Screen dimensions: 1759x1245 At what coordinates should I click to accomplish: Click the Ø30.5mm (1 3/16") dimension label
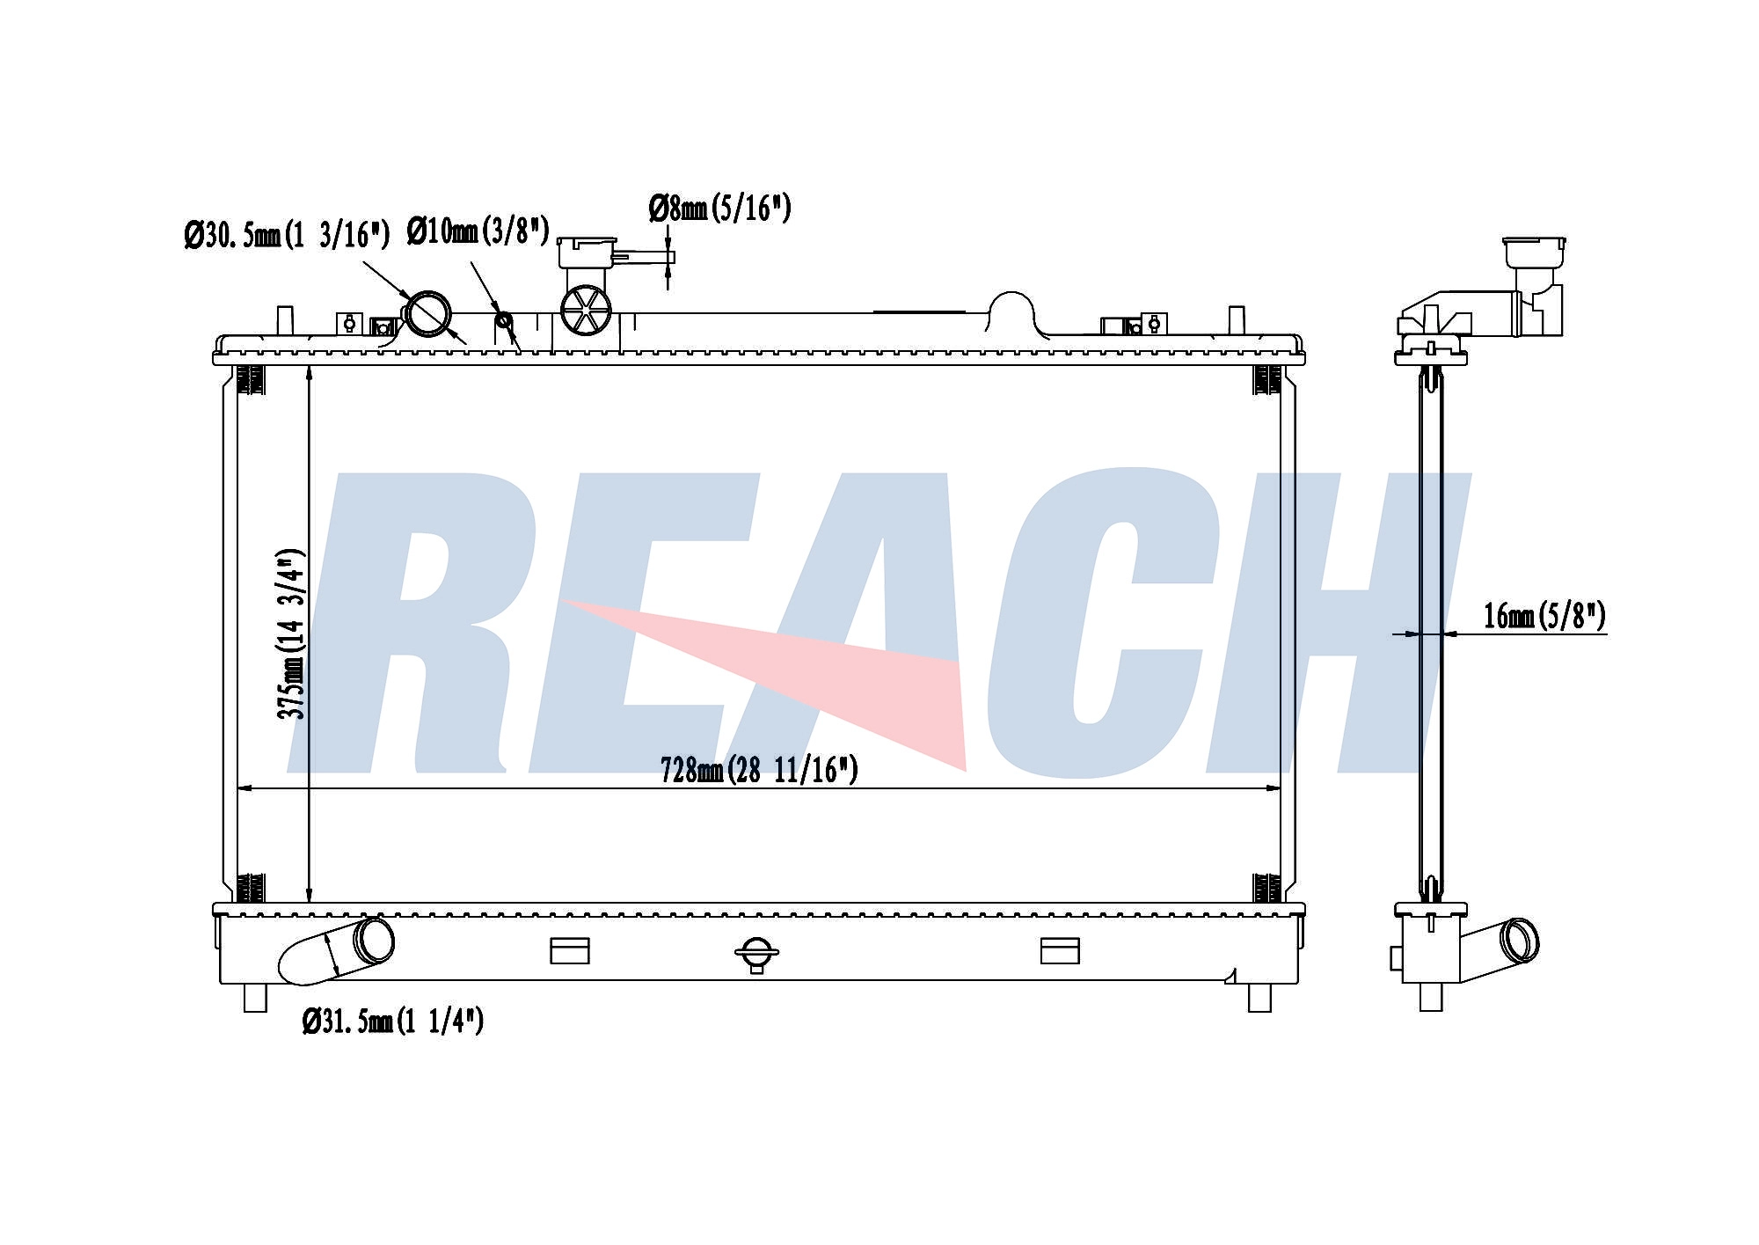pos(287,235)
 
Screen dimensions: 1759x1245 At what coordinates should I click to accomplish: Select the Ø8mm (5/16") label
pos(720,208)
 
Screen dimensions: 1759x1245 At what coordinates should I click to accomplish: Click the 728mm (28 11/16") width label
pos(759,770)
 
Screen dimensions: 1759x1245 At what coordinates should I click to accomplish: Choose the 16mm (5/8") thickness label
pos(1544,615)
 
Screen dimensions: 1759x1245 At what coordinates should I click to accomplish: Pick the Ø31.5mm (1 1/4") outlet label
pos(393,1021)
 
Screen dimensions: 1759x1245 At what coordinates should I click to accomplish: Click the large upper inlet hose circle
pos(428,314)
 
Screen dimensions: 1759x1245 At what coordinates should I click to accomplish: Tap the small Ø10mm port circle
pos(504,319)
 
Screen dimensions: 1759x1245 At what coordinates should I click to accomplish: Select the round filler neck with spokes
pos(586,310)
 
